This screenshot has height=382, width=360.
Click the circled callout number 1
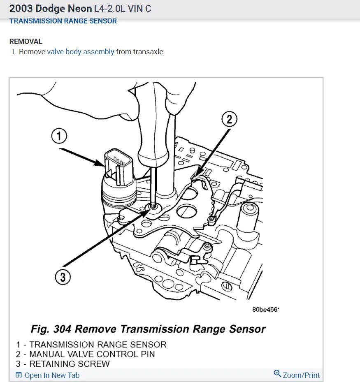point(59,136)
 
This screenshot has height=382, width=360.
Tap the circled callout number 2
point(230,119)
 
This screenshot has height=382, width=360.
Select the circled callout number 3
point(62,277)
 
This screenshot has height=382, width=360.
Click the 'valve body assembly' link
point(81,52)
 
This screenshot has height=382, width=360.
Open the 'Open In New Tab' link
point(52,375)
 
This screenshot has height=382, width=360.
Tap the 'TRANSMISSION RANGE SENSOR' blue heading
point(63,21)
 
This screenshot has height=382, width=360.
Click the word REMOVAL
point(26,42)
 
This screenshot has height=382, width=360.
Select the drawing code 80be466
point(266,309)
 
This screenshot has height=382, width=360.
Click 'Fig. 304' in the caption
point(51,329)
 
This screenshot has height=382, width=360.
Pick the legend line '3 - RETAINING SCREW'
point(63,364)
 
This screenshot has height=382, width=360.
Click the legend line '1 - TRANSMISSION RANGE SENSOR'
point(91,345)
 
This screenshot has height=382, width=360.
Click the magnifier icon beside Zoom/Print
point(277,374)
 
